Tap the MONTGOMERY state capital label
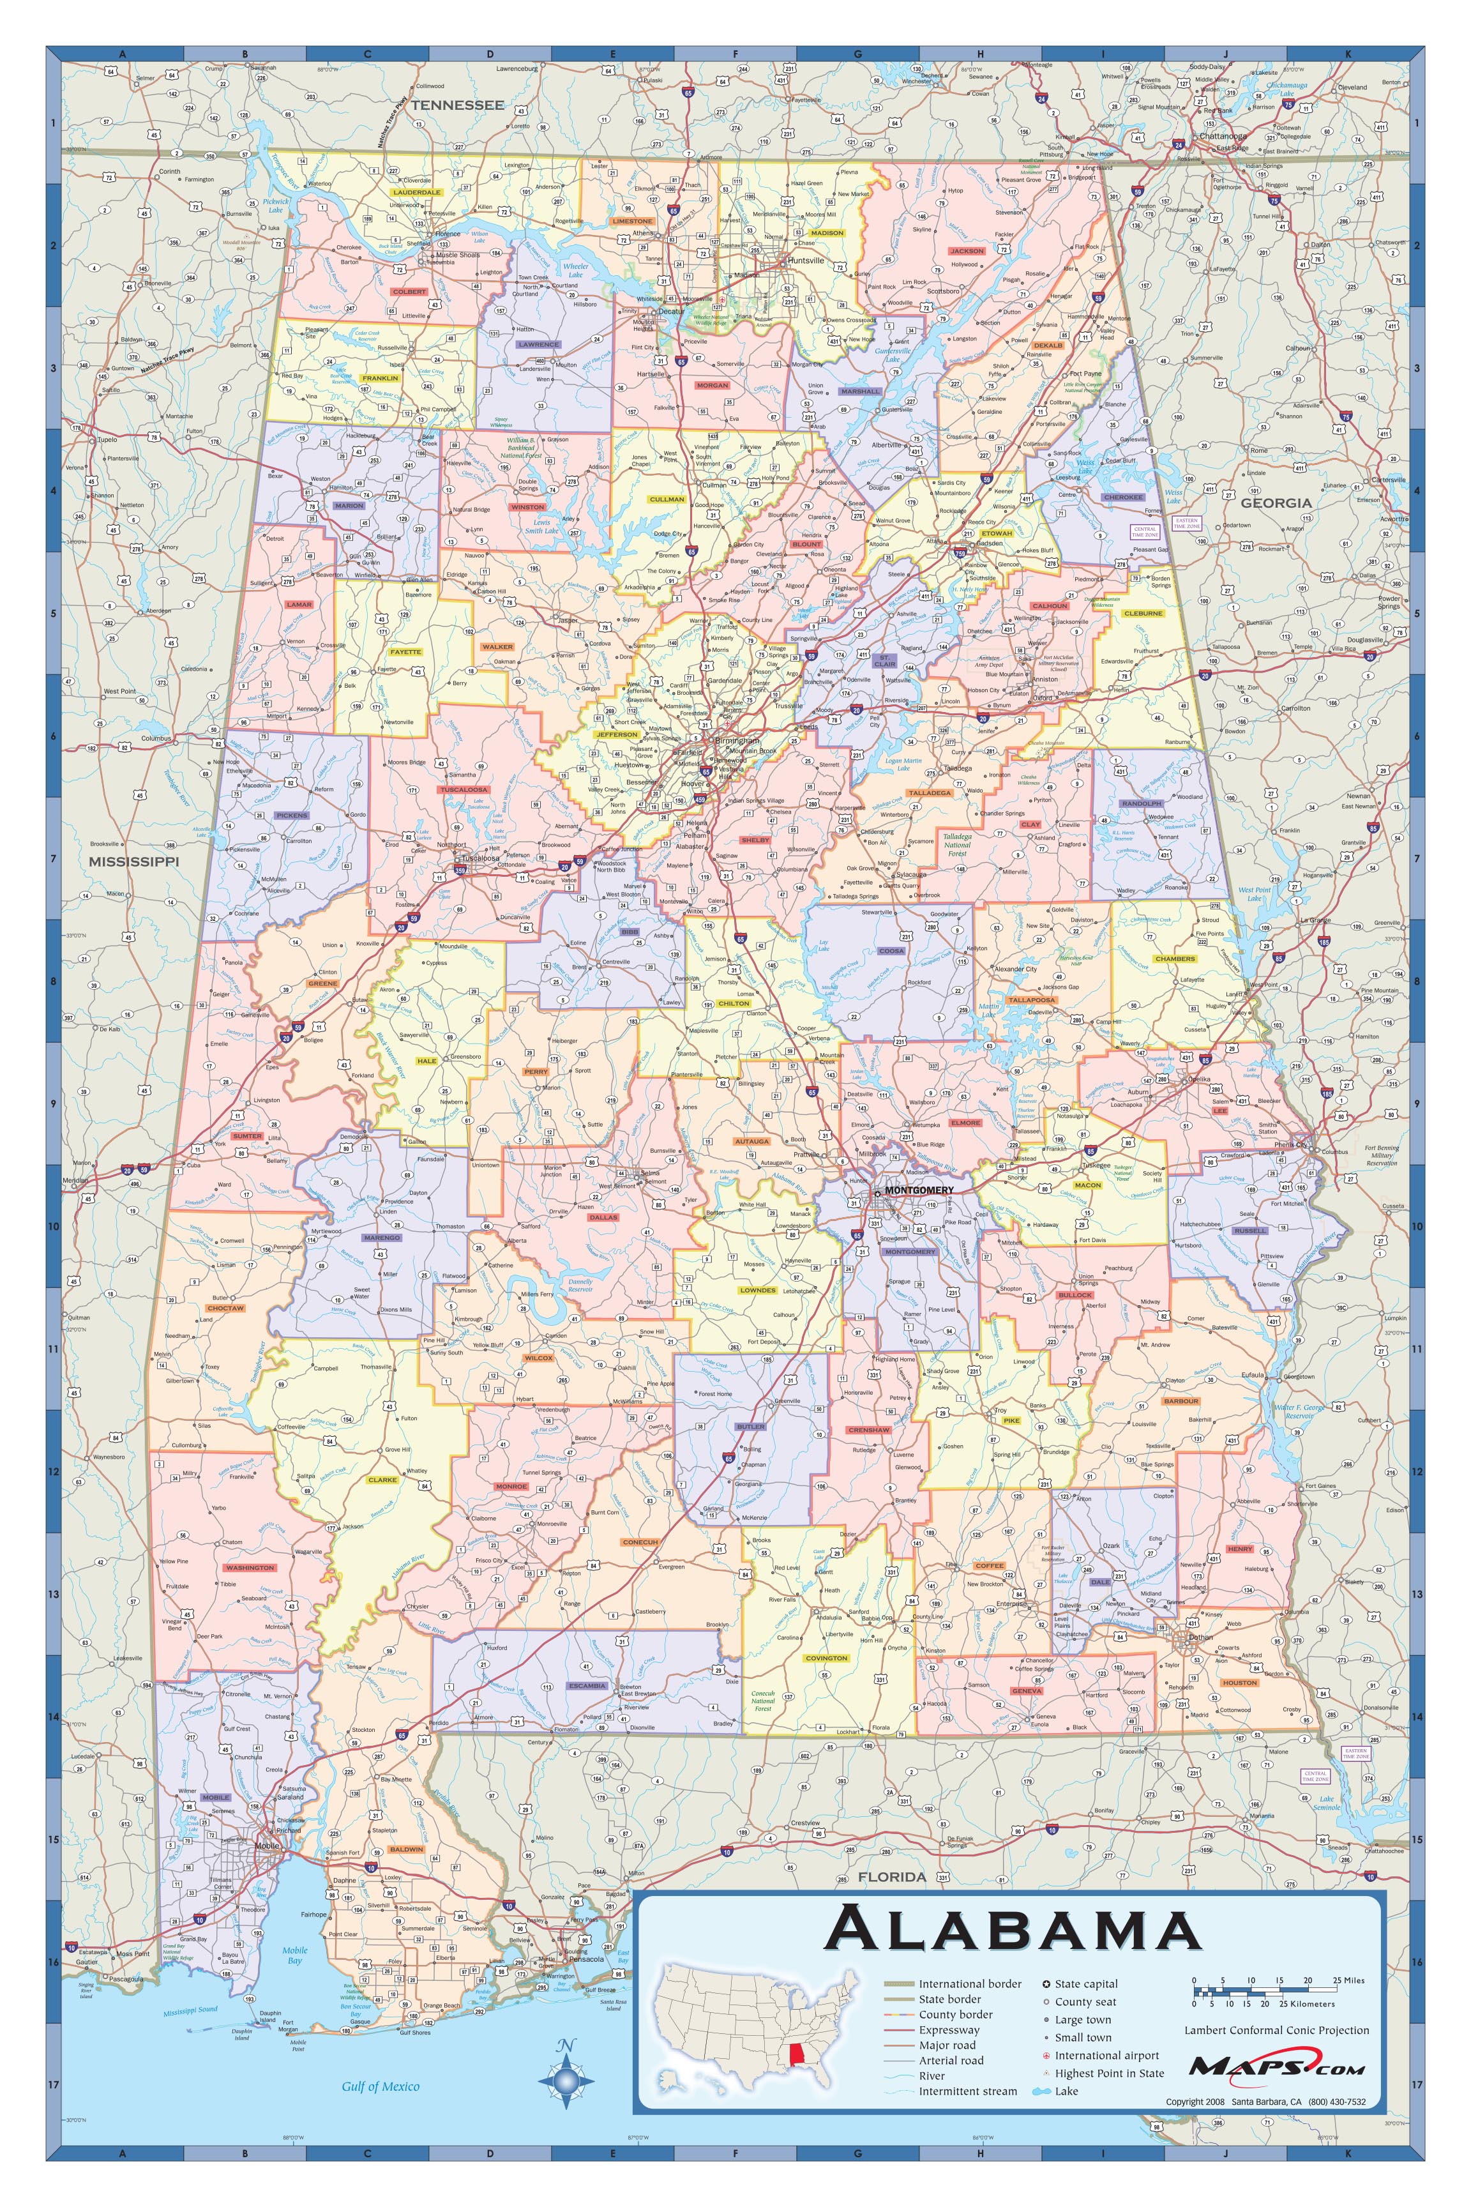[x=919, y=1190]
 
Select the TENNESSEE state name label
[x=457, y=105]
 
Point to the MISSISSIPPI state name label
[x=133, y=860]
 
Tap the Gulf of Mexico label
[x=380, y=2086]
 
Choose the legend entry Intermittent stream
[x=967, y=2091]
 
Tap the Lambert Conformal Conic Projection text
[x=1276, y=2029]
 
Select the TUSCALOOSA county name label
[x=464, y=789]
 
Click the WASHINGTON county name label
[x=250, y=1567]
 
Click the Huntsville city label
[x=805, y=260]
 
